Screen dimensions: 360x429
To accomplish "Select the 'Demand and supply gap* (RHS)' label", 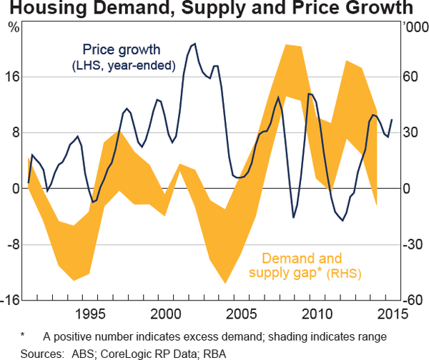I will (304, 266).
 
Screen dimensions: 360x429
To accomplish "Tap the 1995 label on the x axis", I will (90, 314).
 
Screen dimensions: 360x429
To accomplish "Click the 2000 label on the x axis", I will (166, 314).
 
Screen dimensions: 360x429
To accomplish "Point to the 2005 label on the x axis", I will (240, 314).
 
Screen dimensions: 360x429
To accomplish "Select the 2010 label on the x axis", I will (316, 314).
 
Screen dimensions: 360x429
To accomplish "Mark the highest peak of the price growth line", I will (194, 44).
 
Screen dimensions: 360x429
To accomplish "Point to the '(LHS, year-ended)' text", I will (124, 66).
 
